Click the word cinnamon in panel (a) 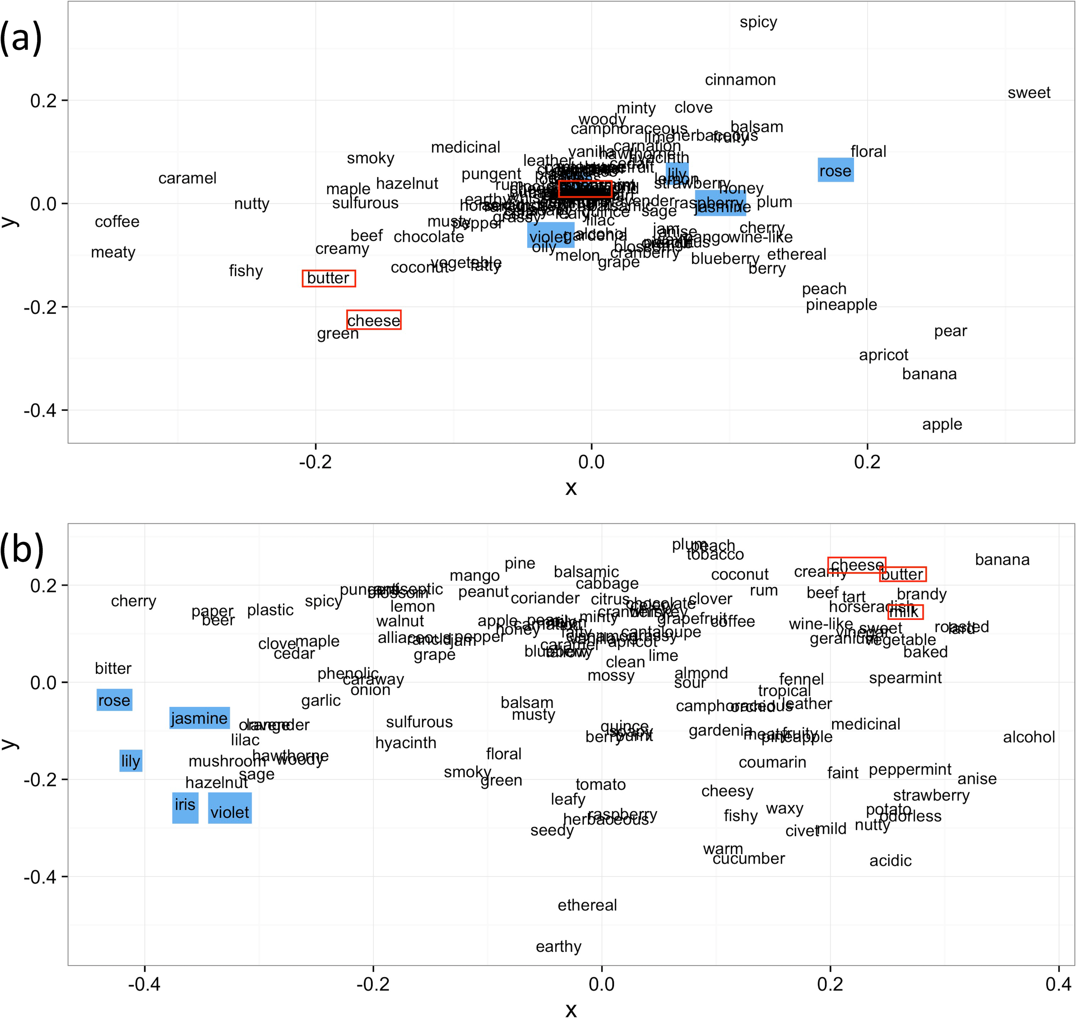(740, 80)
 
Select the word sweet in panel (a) (1029, 93)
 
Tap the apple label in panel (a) (942, 424)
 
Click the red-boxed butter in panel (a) (328, 278)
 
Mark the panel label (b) (22, 550)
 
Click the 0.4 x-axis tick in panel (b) (1058, 984)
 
